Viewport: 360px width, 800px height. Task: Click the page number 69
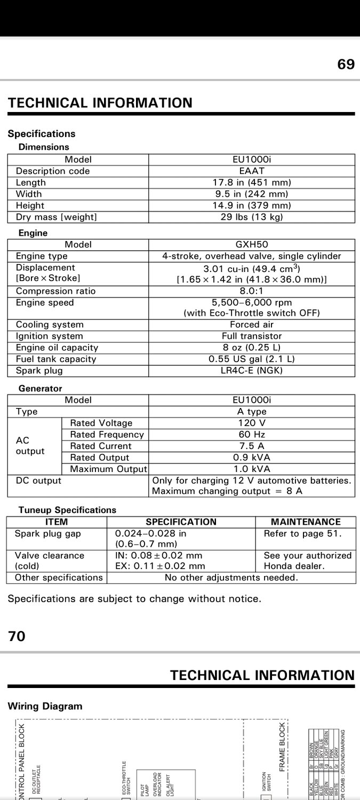coord(346,65)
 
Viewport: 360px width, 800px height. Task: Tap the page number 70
coord(17,636)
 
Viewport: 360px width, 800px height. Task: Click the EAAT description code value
coord(252,171)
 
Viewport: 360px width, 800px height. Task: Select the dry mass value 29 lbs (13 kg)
coord(252,217)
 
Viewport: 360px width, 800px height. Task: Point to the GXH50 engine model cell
coord(252,245)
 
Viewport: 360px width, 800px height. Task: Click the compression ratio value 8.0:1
coord(252,291)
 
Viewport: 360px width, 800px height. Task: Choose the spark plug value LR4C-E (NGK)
coord(252,371)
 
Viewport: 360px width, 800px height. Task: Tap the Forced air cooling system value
coord(252,325)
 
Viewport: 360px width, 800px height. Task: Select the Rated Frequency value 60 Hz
coord(252,435)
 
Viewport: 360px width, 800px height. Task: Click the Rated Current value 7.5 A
coord(252,446)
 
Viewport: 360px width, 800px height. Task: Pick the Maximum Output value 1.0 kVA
coord(252,469)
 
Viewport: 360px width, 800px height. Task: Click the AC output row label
coord(30,446)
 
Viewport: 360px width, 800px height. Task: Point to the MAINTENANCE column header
coord(306,522)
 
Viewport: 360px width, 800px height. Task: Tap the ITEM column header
coord(57,522)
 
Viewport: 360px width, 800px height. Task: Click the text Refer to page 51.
coord(302,533)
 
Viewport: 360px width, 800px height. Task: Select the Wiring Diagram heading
coord(45,706)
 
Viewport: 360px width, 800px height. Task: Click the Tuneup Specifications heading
coord(67,510)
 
